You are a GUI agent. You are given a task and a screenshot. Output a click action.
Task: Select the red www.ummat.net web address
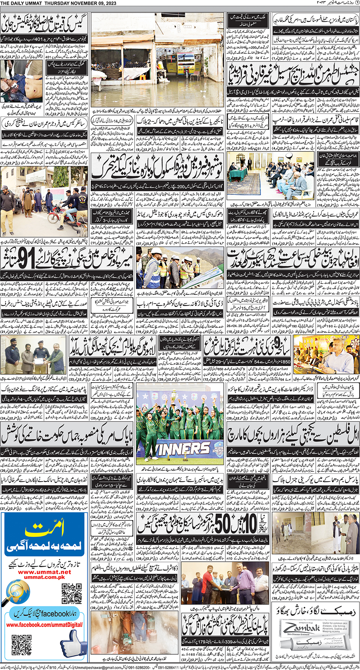pyautogui.click(x=44, y=572)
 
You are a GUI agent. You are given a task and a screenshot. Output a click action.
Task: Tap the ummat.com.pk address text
pyautogui.click(x=44, y=577)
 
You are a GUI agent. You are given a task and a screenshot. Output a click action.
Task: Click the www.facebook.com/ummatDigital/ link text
pyautogui.click(x=44, y=625)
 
